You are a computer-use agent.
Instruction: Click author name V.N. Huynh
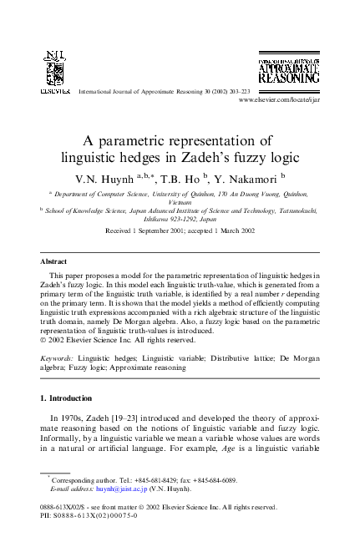click(x=99, y=179)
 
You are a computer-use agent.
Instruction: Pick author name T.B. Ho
click(x=179, y=179)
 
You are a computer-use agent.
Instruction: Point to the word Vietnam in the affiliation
click(x=180, y=201)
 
